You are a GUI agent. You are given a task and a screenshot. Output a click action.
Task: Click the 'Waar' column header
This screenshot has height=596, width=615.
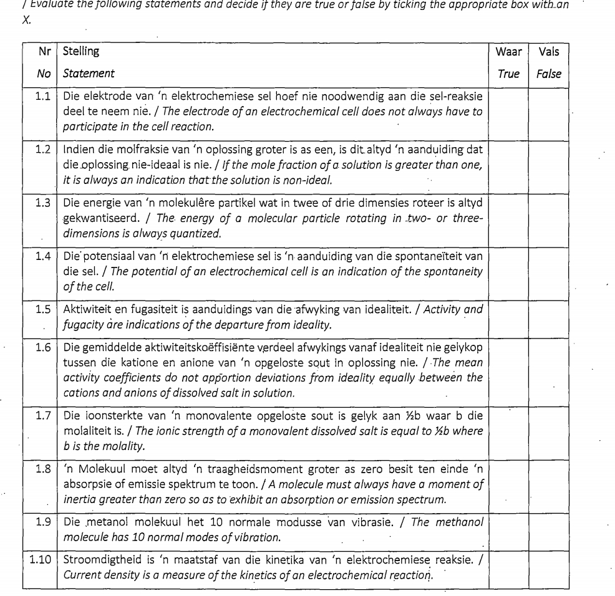click(508, 51)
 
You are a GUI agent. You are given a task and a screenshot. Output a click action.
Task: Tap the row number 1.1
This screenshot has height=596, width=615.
click(44, 96)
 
